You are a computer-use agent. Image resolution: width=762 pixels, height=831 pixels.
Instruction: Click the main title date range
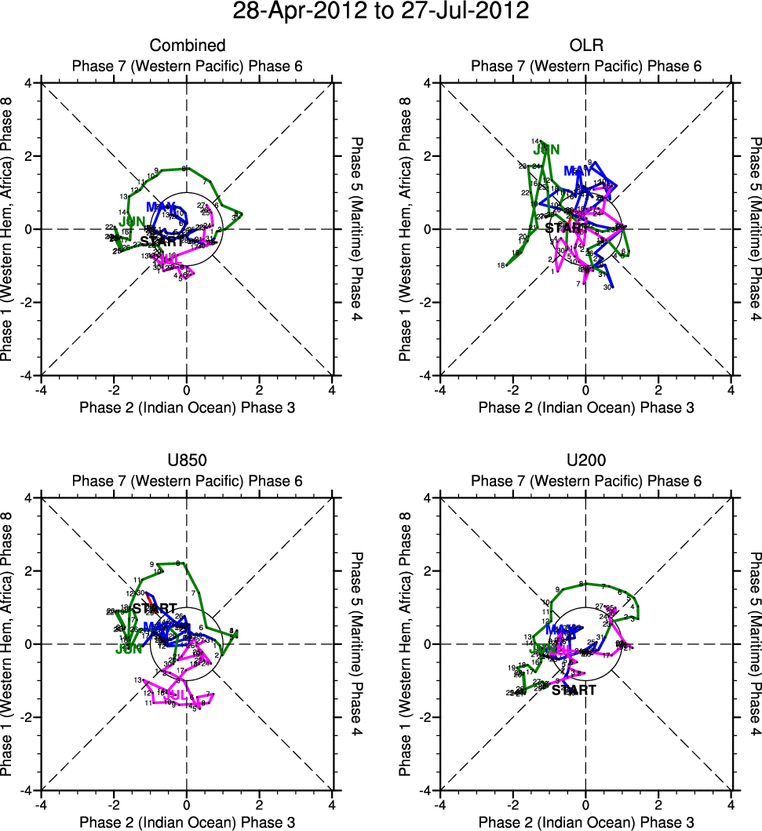(381, 12)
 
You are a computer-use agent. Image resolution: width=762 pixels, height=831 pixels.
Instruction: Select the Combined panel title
(187, 46)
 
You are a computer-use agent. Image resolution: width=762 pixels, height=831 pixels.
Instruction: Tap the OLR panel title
(586, 46)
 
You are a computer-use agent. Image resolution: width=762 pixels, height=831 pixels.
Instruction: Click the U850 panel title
(187, 461)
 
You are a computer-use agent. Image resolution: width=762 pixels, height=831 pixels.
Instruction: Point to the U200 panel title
(586, 461)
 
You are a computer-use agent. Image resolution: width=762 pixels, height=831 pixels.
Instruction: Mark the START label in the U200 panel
(574, 691)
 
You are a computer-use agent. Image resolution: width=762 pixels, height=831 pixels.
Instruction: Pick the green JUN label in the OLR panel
(546, 149)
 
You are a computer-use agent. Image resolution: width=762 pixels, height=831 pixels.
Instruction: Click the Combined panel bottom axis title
(187, 407)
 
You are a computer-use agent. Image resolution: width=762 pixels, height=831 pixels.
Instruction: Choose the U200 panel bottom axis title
(586, 822)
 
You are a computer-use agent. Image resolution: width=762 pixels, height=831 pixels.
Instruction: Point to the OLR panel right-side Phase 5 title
(754, 229)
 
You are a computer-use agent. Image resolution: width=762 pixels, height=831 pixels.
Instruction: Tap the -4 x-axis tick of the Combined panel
(40, 389)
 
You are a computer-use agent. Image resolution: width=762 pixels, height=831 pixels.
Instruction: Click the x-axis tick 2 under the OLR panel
(658, 389)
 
